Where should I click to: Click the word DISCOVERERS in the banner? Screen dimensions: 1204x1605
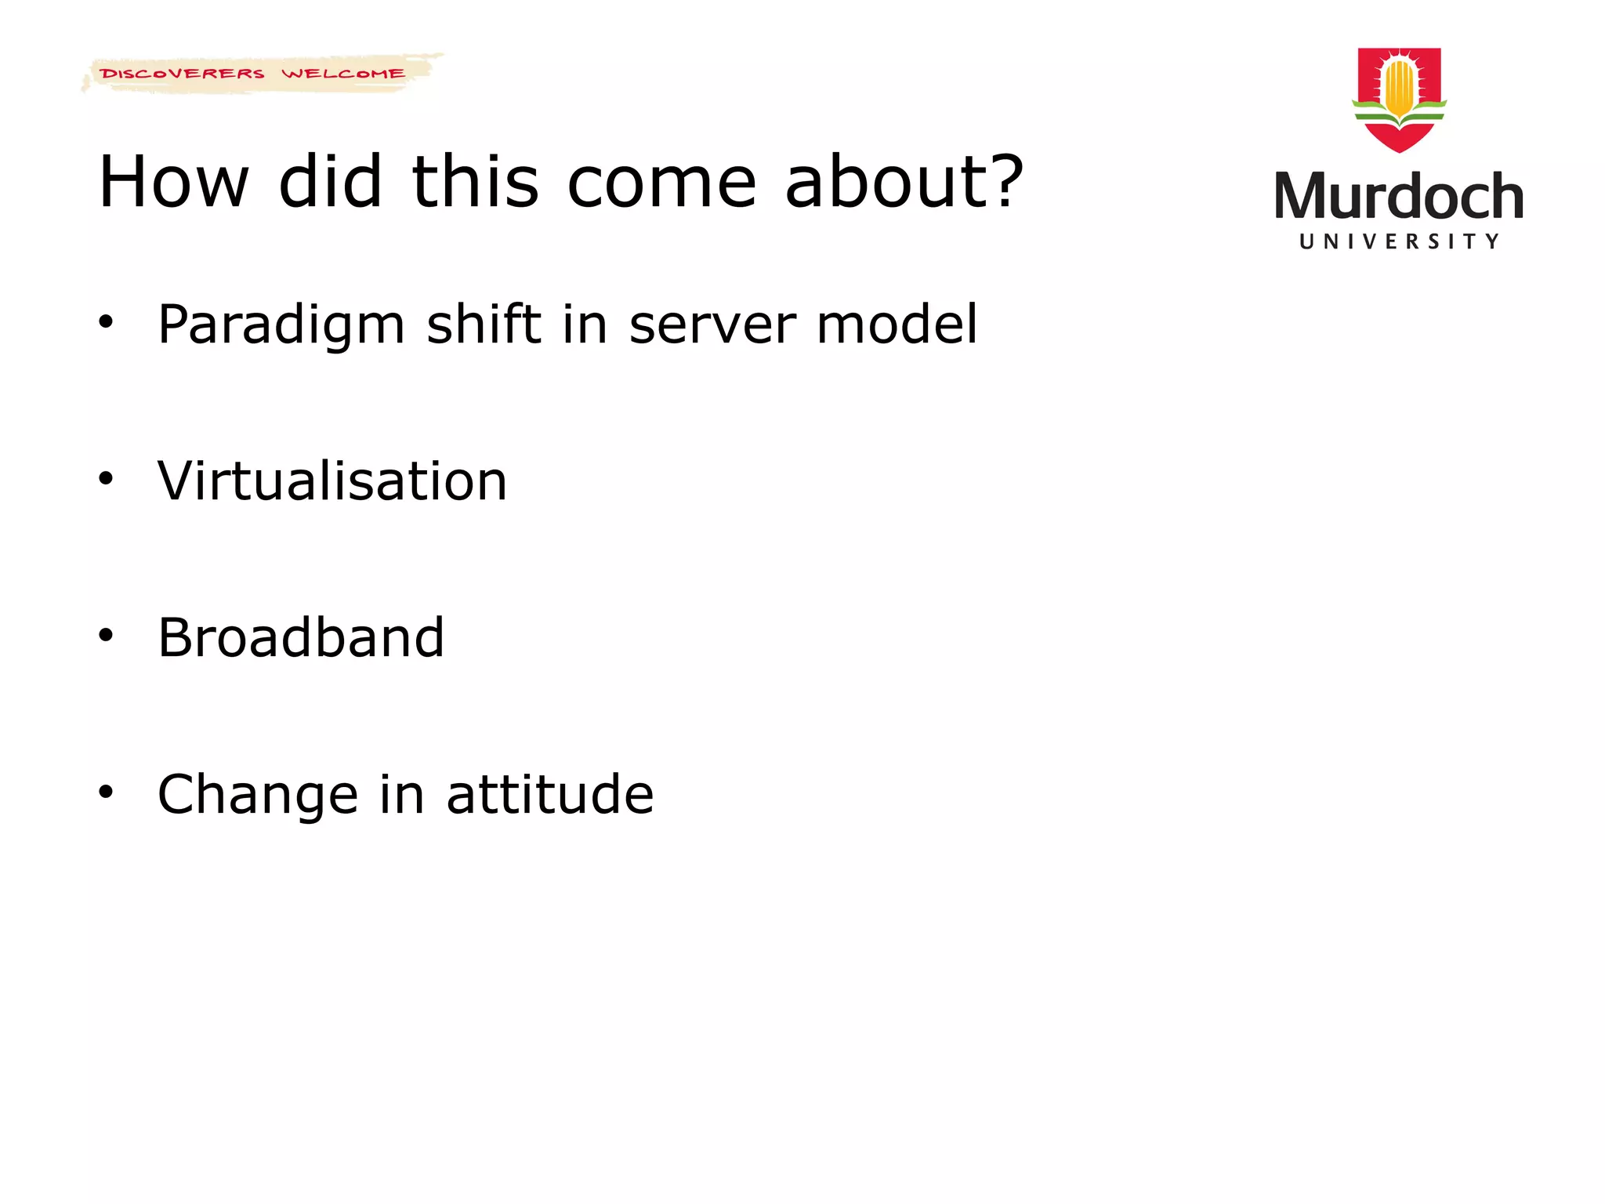[x=182, y=74]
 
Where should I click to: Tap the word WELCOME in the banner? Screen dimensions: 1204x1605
[x=343, y=74]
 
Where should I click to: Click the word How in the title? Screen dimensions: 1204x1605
[x=173, y=182]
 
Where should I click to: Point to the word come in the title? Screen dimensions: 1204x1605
[x=661, y=183]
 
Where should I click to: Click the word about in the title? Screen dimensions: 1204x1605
[x=886, y=182]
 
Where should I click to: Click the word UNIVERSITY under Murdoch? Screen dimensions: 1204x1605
[x=1399, y=241]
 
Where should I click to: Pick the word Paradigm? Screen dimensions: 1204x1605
[x=281, y=325]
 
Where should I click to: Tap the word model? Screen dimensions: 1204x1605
[x=897, y=325]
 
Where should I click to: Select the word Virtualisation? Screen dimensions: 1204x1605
[x=332, y=481]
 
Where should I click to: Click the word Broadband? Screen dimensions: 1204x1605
[x=301, y=637]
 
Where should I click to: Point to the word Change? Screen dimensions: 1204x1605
[x=258, y=794]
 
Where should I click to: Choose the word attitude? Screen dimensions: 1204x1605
[x=549, y=794]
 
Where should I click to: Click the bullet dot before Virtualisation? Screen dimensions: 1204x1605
[x=106, y=478]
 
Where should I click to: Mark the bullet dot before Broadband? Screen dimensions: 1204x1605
[x=106, y=635]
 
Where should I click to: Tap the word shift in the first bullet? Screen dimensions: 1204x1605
[x=484, y=325]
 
